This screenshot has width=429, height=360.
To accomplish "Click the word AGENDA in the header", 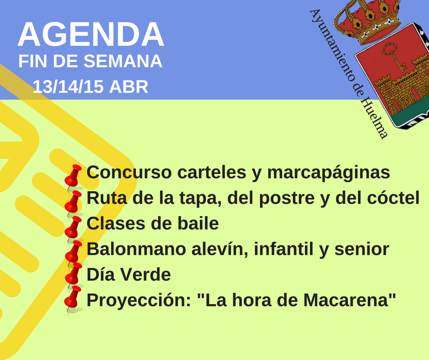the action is coord(91,34).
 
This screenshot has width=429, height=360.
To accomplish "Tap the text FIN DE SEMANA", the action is coord(90,61).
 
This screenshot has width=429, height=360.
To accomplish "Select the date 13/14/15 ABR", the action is coord(90,87).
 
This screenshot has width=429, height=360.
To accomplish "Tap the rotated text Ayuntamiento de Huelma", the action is coord(349,74).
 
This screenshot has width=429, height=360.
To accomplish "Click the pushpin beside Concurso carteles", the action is coord(73,177).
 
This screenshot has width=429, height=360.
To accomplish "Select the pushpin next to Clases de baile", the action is coord(73,229).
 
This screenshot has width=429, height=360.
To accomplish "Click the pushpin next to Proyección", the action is coord(73,299).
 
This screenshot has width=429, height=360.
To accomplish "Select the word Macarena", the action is coord(347,300).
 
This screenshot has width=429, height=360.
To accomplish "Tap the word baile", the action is coord(198,223).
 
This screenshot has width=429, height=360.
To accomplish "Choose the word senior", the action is coord(362,249).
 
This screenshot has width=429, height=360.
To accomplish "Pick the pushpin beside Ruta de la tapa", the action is coord(73,203).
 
